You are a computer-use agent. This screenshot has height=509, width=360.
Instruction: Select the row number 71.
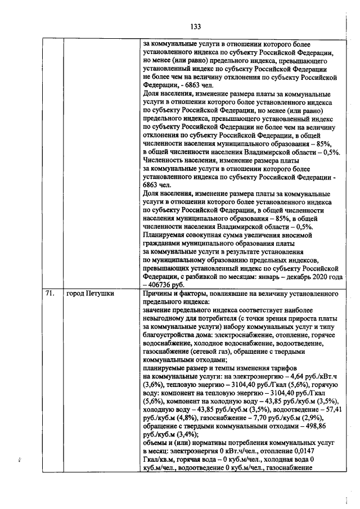[x=49, y=294]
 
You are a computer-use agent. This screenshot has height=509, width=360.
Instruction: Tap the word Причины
[x=159, y=294]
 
